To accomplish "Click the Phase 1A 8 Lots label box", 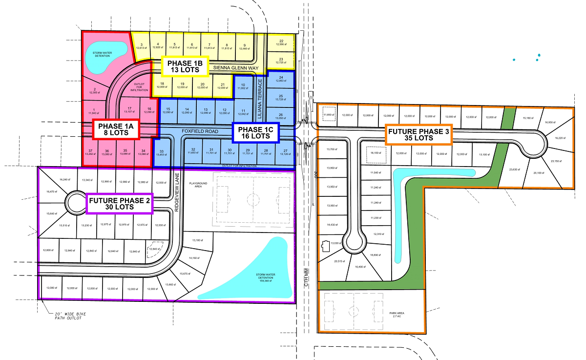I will [x=116, y=128].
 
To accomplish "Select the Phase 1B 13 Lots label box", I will [x=181, y=66].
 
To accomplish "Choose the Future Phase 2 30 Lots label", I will [x=120, y=203].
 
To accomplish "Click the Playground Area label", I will [x=199, y=184].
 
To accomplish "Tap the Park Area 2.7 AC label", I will [x=397, y=315].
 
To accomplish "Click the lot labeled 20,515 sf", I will [x=340, y=261].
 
